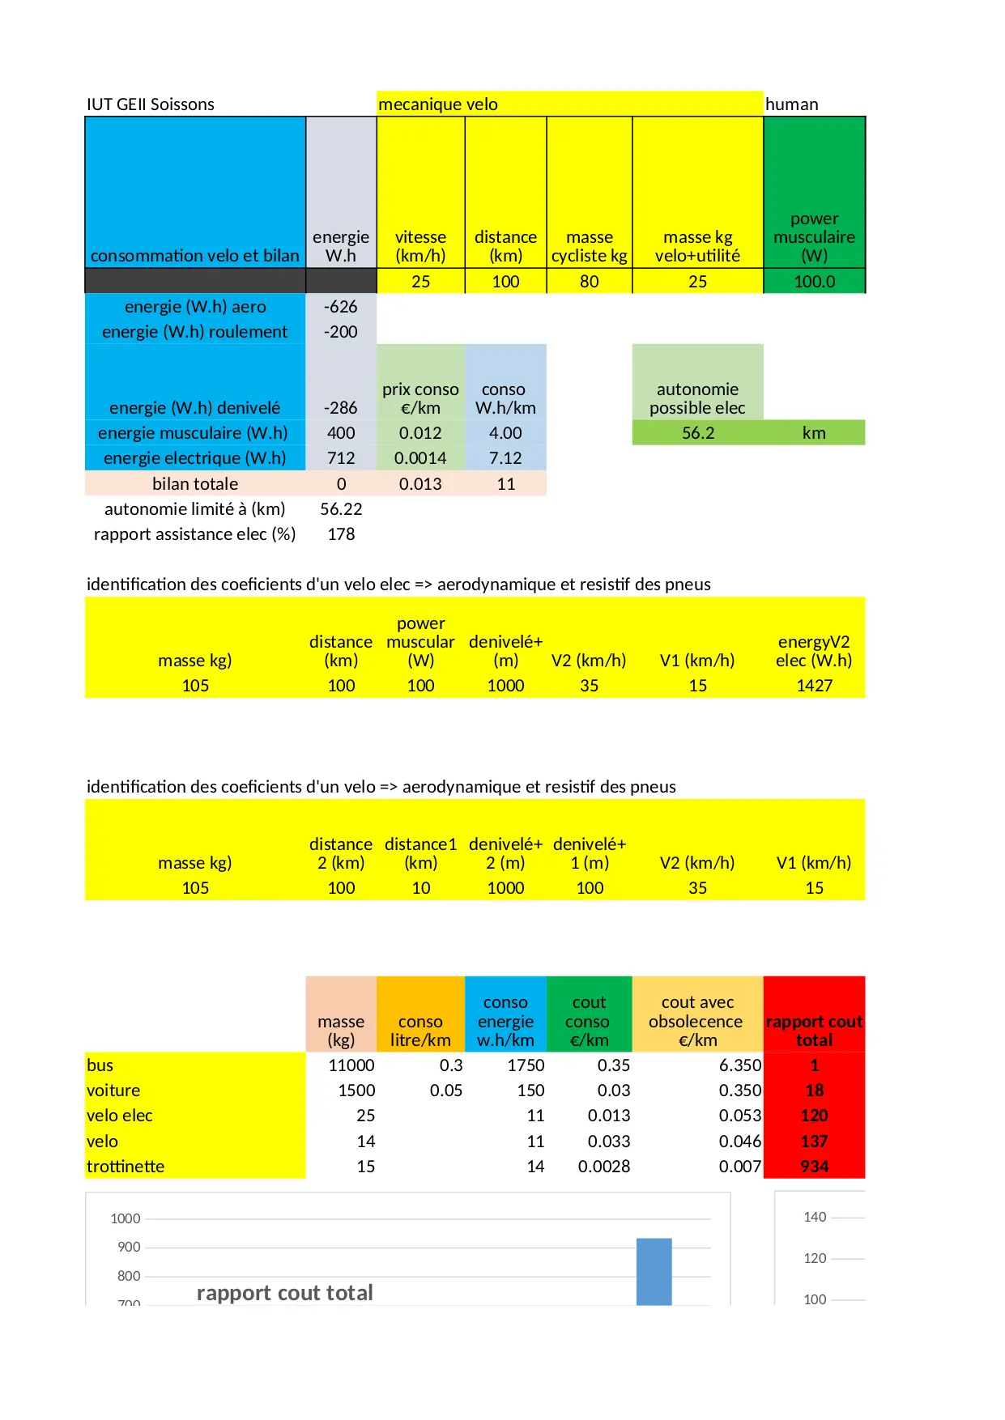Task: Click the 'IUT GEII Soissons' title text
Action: click(x=151, y=104)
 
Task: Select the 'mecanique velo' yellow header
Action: click(x=438, y=104)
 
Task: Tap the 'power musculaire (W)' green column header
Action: click(x=814, y=237)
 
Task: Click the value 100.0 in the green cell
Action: click(x=814, y=282)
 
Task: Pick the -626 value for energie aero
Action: click(x=340, y=307)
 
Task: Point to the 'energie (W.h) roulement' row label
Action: click(x=194, y=332)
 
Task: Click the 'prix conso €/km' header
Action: click(x=420, y=398)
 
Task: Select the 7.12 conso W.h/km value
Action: click(x=505, y=458)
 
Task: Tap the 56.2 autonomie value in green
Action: click(x=697, y=433)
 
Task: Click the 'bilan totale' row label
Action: click(x=194, y=484)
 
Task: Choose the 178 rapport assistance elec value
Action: click(x=341, y=534)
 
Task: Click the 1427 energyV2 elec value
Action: click(x=814, y=686)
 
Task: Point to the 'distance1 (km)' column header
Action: click(x=420, y=853)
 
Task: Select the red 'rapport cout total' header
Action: click(x=814, y=1031)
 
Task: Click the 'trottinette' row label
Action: click(x=126, y=1167)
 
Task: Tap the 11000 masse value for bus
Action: click(x=351, y=1065)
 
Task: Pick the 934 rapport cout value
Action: click(x=814, y=1167)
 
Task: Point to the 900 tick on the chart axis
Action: click(x=129, y=1248)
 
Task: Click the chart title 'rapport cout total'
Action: click(x=284, y=1293)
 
